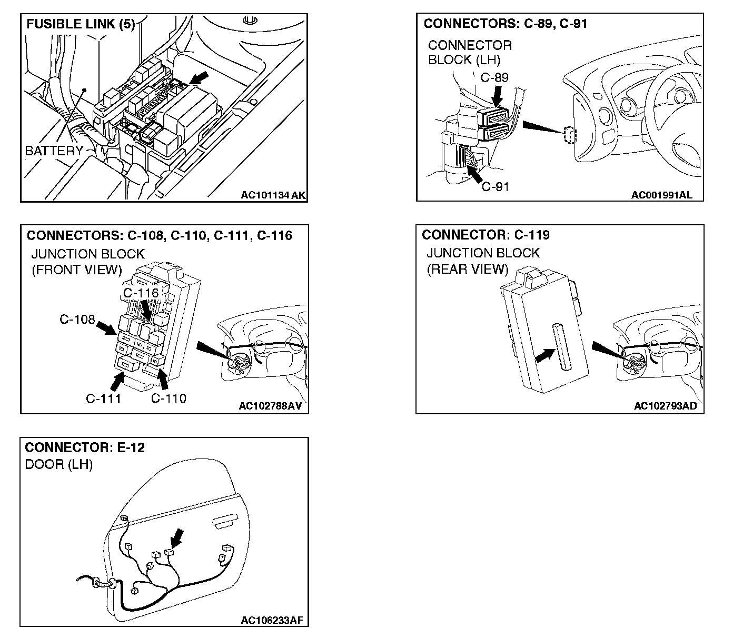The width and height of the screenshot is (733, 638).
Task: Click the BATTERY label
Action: coord(53,151)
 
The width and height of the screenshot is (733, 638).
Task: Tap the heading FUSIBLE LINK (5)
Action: coord(81,24)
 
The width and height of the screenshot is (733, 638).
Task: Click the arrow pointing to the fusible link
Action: coord(197,78)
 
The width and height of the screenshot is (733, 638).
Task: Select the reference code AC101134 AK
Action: coord(273,195)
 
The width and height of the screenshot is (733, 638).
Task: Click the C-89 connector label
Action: coord(494,78)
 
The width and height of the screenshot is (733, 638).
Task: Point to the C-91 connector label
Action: coord(496,186)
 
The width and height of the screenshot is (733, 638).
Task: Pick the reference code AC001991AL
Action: coord(662,195)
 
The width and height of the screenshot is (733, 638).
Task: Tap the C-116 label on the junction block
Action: coord(141,293)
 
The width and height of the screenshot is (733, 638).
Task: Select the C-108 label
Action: coord(77,320)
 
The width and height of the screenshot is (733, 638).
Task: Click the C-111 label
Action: coord(103,398)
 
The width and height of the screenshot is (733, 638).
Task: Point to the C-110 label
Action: coord(169,398)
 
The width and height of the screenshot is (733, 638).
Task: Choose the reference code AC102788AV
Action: coord(273,406)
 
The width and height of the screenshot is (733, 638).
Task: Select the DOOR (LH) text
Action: coord(58,465)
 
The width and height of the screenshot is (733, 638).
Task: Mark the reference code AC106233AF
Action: coord(272,620)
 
